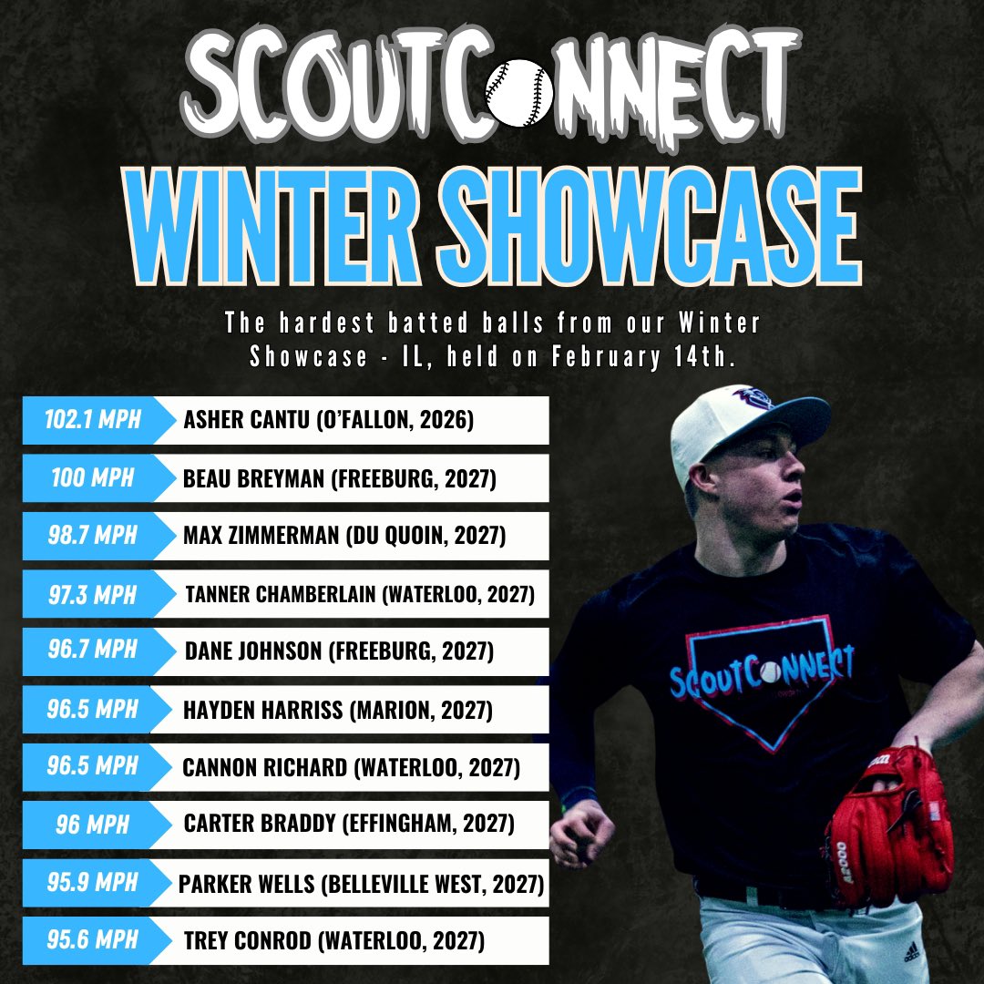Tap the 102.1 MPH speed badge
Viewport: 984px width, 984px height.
[91, 421]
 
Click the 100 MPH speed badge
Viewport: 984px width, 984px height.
[91, 478]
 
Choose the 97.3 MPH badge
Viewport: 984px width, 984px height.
[91, 594]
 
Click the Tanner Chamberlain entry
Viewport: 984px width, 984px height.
[360, 595]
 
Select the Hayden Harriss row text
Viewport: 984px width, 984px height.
[338, 710]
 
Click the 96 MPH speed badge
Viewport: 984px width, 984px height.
[91, 825]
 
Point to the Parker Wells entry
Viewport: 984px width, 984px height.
[362, 884]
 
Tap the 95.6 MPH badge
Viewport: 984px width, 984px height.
[91, 940]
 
